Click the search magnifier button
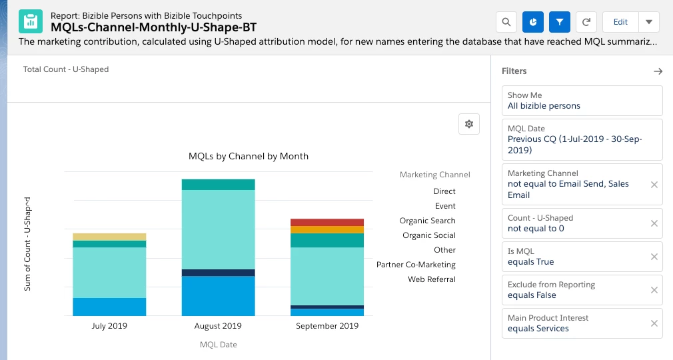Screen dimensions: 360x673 point(506,22)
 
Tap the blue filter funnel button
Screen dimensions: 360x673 point(560,22)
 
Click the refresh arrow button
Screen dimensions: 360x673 point(586,22)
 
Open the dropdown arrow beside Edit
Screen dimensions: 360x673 point(649,22)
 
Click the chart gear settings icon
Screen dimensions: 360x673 point(469,124)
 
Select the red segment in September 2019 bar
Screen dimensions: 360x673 point(327,222)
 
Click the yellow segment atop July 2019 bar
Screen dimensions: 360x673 point(109,237)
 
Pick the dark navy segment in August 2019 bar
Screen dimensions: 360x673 point(219,273)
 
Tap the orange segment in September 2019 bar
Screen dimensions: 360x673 point(327,229)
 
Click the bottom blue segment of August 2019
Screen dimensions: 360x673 point(219,295)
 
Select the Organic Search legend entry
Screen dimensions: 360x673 point(427,221)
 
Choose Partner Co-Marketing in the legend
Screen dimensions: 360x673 point(416,265)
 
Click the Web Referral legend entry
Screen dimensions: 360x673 point(432,279)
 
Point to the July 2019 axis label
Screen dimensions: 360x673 point(109,326)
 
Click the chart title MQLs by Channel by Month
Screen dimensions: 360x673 point(249,156)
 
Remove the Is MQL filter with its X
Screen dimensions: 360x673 point(654,257)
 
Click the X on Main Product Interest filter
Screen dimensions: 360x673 point(654,323)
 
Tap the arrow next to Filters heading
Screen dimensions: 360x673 point(658,71)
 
